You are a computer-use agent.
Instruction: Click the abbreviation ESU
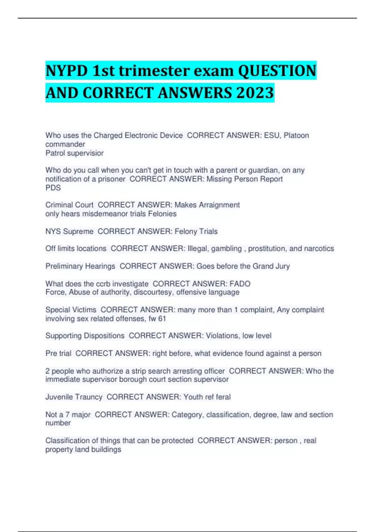272,136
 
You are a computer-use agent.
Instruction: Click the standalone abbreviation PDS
53,188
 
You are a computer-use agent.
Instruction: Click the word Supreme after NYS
78,232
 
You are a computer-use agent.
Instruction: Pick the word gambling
227,248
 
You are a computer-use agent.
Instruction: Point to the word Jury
282,266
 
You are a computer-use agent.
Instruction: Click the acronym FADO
240,284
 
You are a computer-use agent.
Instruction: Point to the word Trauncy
88,397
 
